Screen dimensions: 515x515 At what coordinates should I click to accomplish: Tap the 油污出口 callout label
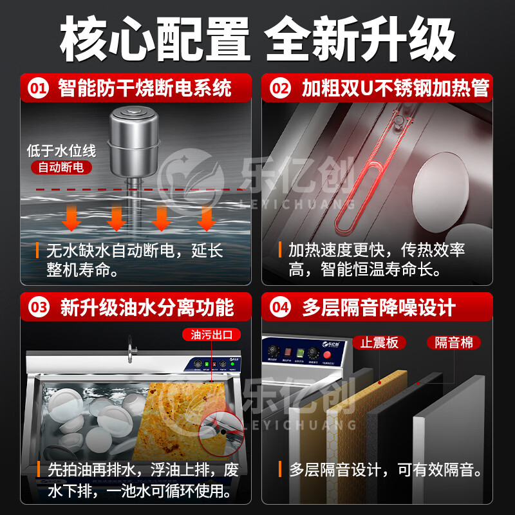[211, 335]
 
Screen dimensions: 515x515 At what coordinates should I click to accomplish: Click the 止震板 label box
[380, 342]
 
